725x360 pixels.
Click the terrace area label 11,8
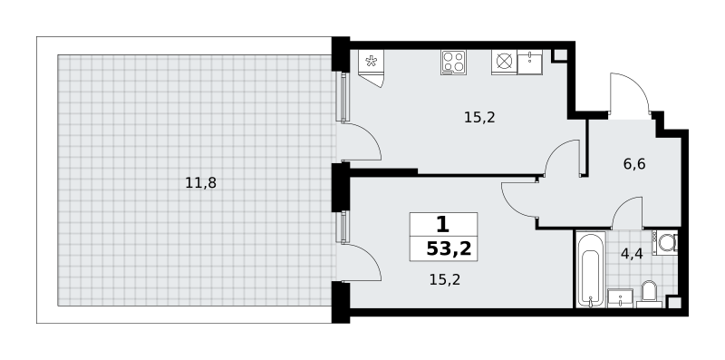(200, 183)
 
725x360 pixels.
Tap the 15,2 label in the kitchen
(479, 118)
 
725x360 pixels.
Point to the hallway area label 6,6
(633, 164)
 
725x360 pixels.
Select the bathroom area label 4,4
(632, 254)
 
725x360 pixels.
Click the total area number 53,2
(449, 249)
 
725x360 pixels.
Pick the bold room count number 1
(442, 225)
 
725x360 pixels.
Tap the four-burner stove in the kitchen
(453, 62)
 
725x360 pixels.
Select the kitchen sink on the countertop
(530, 62)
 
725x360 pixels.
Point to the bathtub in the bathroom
(591, 269)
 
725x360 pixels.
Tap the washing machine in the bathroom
(665, 242)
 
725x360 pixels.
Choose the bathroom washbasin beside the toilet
(620, 298)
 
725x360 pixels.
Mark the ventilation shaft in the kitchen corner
(559, 55)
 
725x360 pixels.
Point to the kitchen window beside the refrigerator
(343, 96)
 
